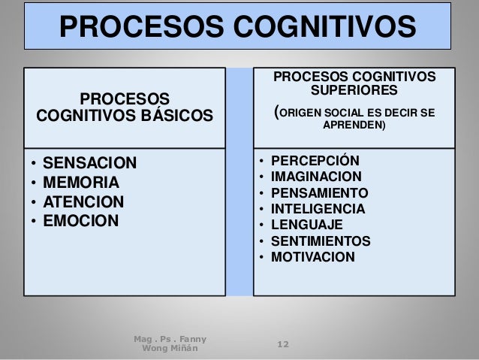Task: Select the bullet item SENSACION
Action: tap(90, 163)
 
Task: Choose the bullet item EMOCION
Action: tap(81, 222)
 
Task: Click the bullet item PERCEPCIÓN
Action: tap(315, 161)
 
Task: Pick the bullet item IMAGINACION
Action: tap(316, 177)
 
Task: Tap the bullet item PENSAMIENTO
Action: tap(319, 192)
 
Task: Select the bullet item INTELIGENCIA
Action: tap(318, 209)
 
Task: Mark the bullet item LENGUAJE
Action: tap(306, 225)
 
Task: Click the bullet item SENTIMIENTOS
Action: tap(321, 241)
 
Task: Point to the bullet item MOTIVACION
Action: tap(312, 257)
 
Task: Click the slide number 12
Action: tap(283, 344)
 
